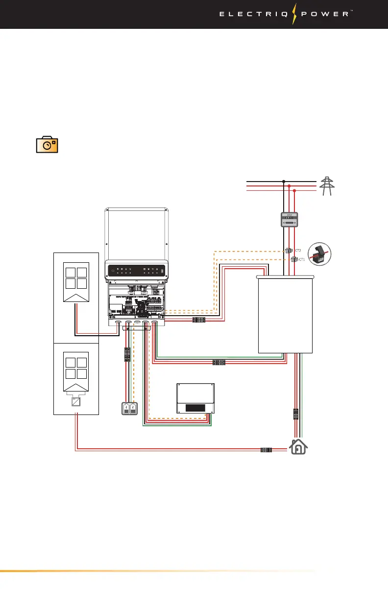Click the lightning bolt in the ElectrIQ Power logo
295,14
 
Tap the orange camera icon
48,145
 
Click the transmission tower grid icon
326,186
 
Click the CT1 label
302,259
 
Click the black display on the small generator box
195,407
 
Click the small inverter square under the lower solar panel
76,402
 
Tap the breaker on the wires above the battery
127,354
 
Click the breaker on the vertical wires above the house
296,415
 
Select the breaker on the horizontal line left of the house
266,449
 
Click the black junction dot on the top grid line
283,181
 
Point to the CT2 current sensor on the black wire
288,251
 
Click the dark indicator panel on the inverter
137,270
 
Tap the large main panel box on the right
285,314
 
